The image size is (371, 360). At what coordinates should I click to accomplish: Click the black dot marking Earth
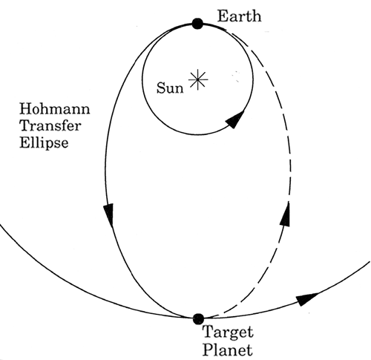pos(197,24)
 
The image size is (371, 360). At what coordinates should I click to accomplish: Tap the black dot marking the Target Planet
pos(198,318)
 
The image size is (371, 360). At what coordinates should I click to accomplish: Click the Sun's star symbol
pos(198,79)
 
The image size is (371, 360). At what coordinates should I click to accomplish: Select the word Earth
pos(239,16)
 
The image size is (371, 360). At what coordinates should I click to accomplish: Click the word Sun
pos(170,88)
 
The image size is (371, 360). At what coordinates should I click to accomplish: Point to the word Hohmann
pos(55,109)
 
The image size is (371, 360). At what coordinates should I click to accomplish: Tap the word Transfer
pos(50,125)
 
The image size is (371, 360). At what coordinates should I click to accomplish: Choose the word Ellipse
pos(44,143)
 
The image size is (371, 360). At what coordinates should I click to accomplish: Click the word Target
pos(228,333)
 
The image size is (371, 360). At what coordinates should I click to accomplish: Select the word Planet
pos(228,350)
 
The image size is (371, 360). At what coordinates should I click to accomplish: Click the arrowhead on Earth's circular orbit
pos(234,120)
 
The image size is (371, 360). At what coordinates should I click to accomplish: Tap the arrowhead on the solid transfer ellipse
pos(108,215)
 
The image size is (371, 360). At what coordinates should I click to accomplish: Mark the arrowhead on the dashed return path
pos(285,214)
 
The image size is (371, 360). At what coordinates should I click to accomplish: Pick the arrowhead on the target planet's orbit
pos(306,298)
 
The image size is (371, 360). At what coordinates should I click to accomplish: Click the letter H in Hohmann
pos(25,109)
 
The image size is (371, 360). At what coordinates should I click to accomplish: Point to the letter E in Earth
pos(222,16)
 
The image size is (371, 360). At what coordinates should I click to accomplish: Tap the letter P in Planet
pos(208,350)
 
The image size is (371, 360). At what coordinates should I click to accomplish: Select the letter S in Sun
pos(160,88)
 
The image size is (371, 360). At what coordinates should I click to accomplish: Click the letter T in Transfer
pos(24,125)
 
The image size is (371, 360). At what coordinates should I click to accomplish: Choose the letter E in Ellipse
pos(24,143)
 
